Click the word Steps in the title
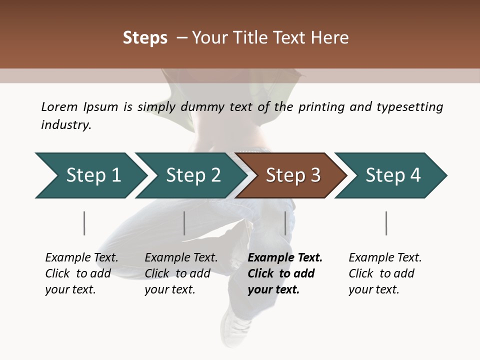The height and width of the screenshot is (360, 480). pyautogui.click(x=145, y=37)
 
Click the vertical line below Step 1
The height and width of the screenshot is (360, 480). pyautogui.click(x=84, y=223)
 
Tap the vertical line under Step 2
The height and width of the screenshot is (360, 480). pyautogui.click(x=184, y=223)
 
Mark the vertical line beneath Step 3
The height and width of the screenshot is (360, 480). pyautogui.click(x=285, y=223)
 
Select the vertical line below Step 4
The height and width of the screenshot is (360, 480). pyautogui.click(x=386, y=223)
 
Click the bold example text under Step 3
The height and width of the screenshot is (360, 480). pyautogui.click(x=285, y=273)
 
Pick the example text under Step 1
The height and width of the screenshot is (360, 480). pyautogui.click(x=81, y=273)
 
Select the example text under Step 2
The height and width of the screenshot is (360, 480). pyautogui.click(x=181, y=273)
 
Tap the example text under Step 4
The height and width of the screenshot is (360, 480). pyautogui.click(x=385, y=273)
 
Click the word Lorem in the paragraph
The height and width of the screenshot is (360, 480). pyautogui.click(x=59, y=106)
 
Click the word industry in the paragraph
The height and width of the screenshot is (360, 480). pyautogui.click(x=66, y=124)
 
